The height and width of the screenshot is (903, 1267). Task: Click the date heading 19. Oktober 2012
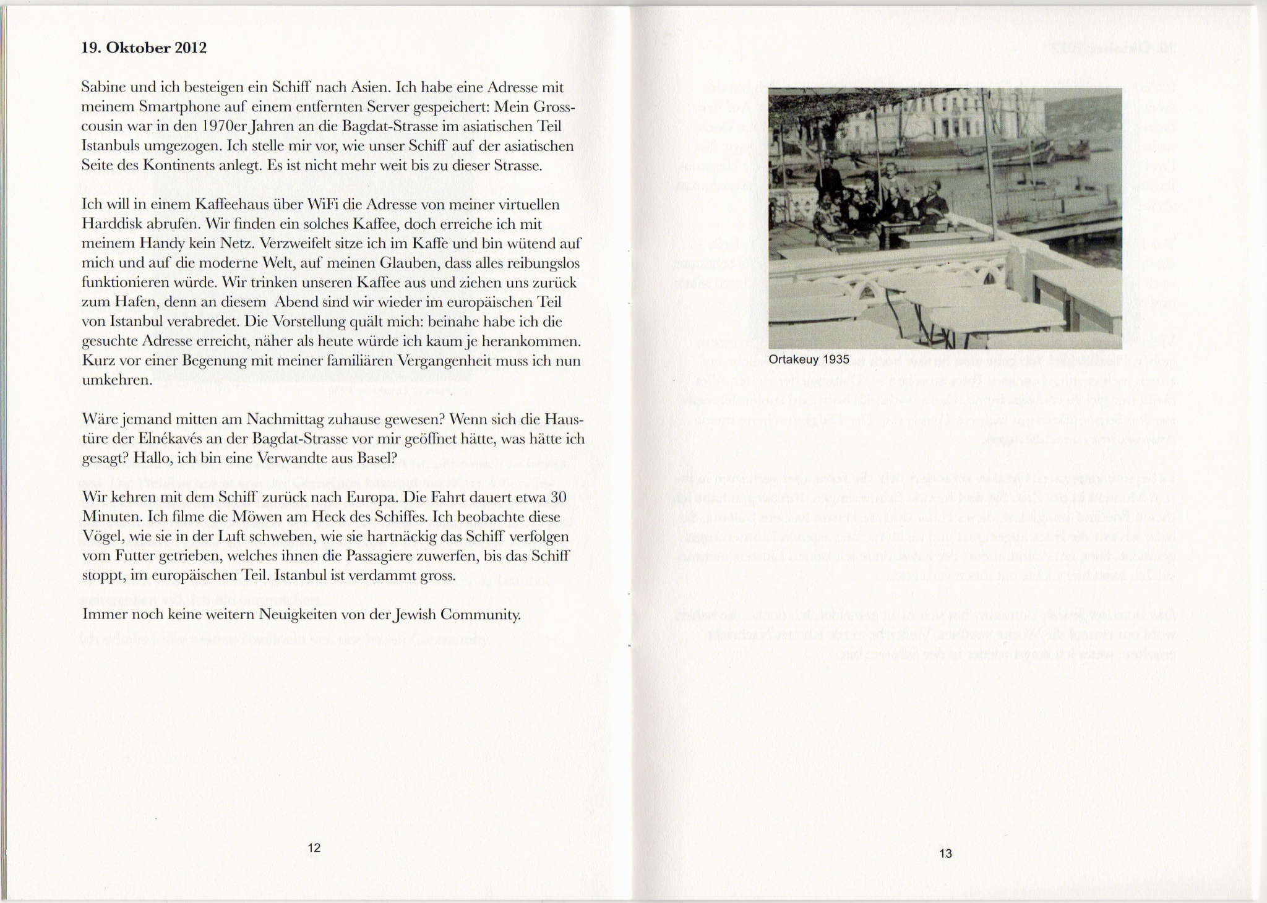[144, 48]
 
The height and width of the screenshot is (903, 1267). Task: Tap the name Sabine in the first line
[102, 88]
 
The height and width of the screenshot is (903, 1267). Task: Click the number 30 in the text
[558, 497]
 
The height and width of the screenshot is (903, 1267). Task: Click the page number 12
[314, 848]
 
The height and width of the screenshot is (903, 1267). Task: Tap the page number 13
[945, 854]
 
